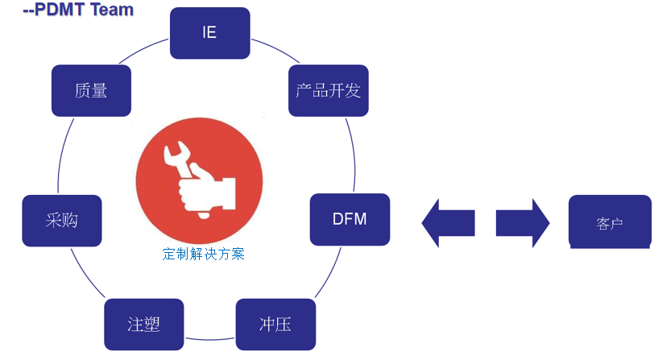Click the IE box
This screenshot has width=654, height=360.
coord(210,33)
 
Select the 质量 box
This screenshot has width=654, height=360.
coord(91,90)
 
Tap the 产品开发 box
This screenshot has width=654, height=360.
coord(328,90)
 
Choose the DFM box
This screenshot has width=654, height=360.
coord(350,219)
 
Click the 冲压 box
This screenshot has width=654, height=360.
coord(275,325)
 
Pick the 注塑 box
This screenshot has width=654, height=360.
coord(143,325)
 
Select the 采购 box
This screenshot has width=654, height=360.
coord(62,220)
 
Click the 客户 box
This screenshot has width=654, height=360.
coord(610,221)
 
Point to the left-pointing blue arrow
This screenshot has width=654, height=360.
coord(449,221)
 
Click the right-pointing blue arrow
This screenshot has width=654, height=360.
coord(522,221)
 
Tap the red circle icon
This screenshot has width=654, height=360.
coord(199,178)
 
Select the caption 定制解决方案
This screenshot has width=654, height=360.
coord(203,254)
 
